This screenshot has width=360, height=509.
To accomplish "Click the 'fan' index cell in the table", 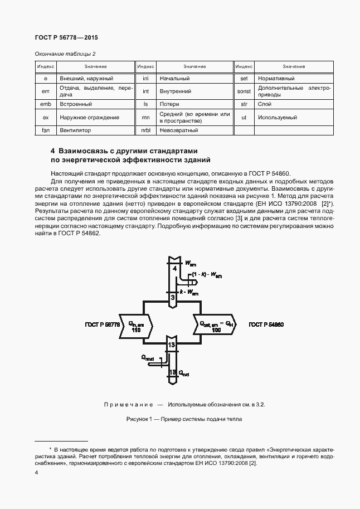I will click(x=46, y=130).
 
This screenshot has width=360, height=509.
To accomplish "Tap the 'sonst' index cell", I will click(x=244, y=91).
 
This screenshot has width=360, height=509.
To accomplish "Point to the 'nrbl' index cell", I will click(x=145, y=130).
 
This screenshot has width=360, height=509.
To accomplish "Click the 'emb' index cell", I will click(x=46, y=104).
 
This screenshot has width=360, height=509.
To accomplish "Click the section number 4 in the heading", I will click(x=53, y=151).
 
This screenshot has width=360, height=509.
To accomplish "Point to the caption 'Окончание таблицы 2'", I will click(x=66, y=54).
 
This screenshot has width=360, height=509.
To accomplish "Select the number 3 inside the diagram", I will click(x=173, y=298).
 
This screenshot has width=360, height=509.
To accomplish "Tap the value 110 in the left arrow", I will click(x=136, y=330).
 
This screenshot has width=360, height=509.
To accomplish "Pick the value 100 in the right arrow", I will click(x=216, y=330).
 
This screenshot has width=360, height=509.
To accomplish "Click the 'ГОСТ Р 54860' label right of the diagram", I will click(x=266, y=324).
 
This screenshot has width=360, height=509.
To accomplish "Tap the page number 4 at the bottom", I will click(x=36, y=472).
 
